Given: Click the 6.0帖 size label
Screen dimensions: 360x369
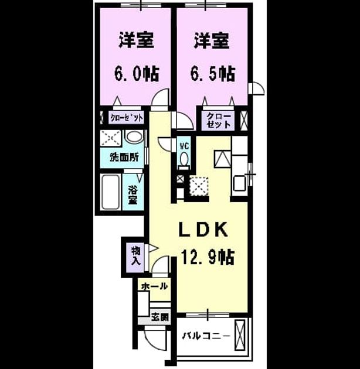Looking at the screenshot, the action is [137, 74].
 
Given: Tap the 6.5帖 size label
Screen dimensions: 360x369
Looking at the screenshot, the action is [213, 74].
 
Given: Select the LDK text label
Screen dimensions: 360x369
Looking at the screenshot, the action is [203, 230].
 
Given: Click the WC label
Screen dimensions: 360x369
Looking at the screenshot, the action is [184, 146].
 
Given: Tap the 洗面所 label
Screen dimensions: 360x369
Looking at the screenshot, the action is [124, 158].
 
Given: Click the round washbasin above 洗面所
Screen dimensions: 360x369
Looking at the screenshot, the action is [134, 136].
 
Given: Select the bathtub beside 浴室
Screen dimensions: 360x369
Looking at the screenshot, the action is [110, 192].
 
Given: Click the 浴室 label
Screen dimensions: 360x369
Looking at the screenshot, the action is [133, 195].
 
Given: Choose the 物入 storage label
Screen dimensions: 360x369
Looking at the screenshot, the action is [136, 256].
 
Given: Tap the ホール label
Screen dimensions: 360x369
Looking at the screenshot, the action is [154, 286].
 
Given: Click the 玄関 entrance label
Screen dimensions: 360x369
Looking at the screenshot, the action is [160, 317].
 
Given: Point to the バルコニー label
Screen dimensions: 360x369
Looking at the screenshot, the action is [206, 336].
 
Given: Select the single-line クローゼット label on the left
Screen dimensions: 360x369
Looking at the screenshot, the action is [127, 118].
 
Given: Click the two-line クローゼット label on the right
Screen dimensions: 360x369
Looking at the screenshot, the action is [218, 121].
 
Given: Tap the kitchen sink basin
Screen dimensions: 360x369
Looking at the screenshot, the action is [240, 184].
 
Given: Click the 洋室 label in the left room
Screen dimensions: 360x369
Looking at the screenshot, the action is [136, 40].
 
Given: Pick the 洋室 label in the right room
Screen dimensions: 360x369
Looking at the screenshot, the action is [212, 40].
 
